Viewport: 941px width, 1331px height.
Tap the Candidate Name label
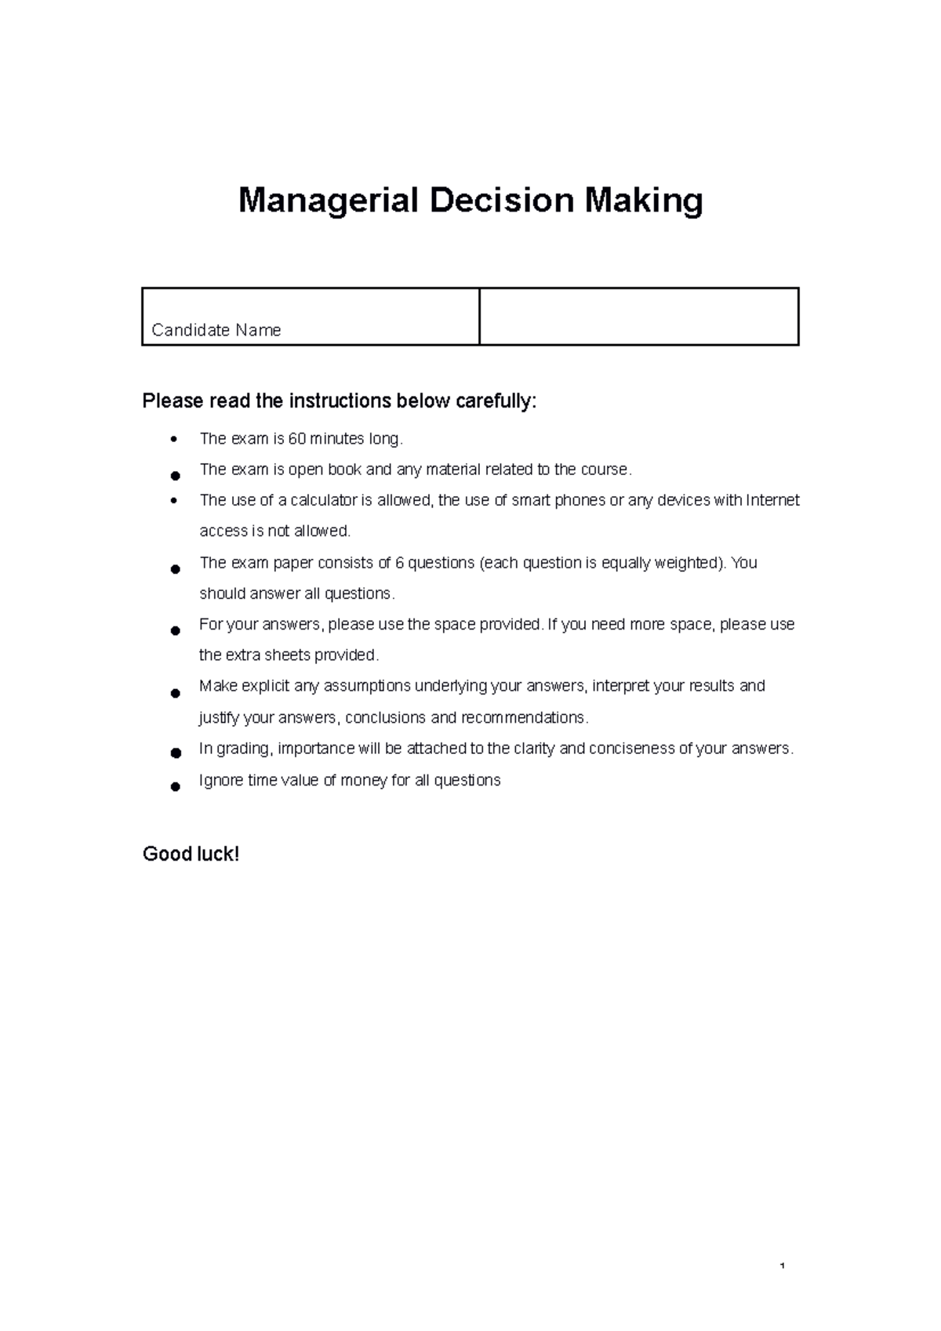tap(216, 330)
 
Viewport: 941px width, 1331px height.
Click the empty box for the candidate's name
tap(638, 317)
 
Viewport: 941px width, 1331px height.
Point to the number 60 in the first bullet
tap(297, 439)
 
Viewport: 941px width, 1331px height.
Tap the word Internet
tap(772, 500)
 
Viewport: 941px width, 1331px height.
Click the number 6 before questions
tap(399, 563)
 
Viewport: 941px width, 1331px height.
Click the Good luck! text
tap(191, 854)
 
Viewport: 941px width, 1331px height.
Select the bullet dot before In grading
tap(176, 753)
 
